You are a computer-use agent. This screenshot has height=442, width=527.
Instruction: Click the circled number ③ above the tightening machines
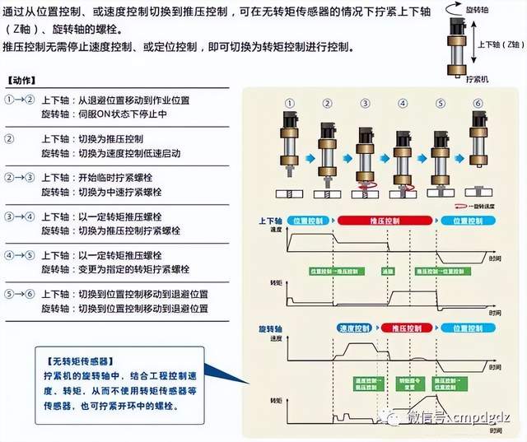[365, 104]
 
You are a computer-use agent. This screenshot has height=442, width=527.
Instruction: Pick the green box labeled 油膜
[388, 271]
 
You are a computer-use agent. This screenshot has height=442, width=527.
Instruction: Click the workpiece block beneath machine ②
[327, 194]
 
